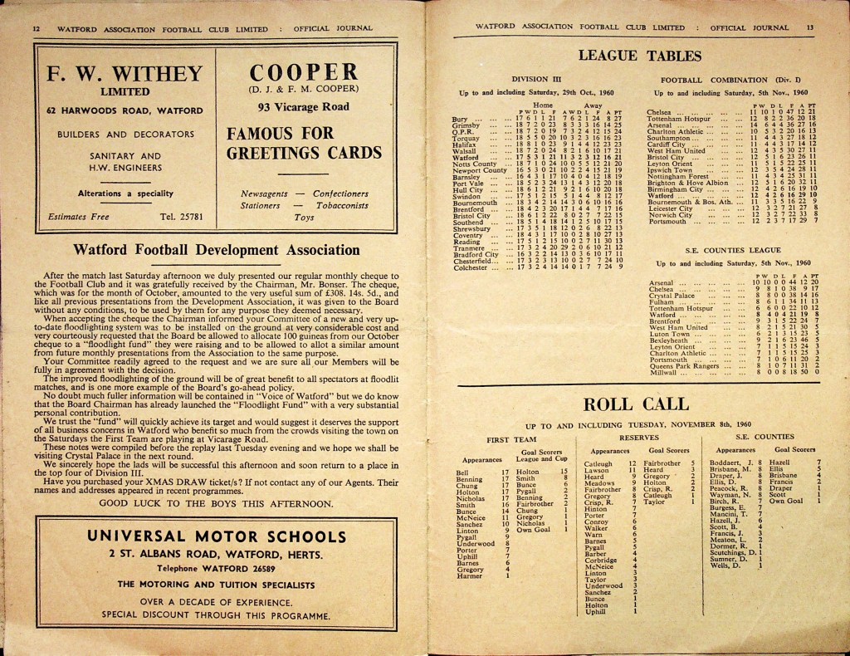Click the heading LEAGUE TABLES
pos(639,56)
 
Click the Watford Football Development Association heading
pos(217,250)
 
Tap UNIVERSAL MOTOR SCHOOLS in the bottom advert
pos(217,536)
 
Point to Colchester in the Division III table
pos(471,267)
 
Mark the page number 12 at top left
pos(36,27)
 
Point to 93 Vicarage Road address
pos(303,106)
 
